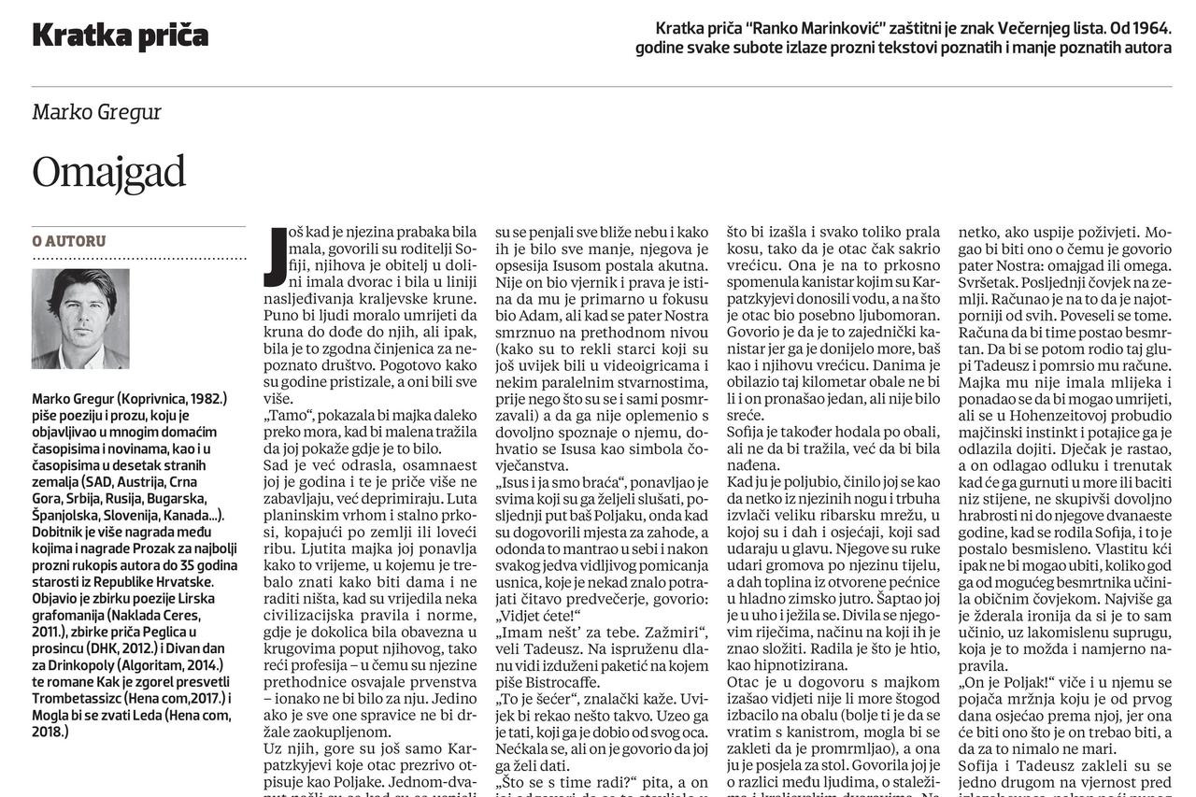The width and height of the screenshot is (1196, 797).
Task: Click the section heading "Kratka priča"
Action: pyautogui.click(x=120, y=36)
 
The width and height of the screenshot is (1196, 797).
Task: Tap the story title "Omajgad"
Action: pyautogui.click(x=108, y=172)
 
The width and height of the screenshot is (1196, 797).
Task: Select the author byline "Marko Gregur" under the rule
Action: pyautogui.click(x=96, y=112)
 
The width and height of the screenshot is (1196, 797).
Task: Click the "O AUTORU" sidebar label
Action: pyautogui.click(x=69, y=241)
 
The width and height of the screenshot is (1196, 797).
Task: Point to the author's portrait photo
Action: pyautogui.click(x=80, y=319)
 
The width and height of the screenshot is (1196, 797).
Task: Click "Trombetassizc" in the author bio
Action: pyautogui.click(x=79, y=698)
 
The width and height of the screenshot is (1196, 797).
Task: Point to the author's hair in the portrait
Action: pyautogui.click(x=81, y=281)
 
